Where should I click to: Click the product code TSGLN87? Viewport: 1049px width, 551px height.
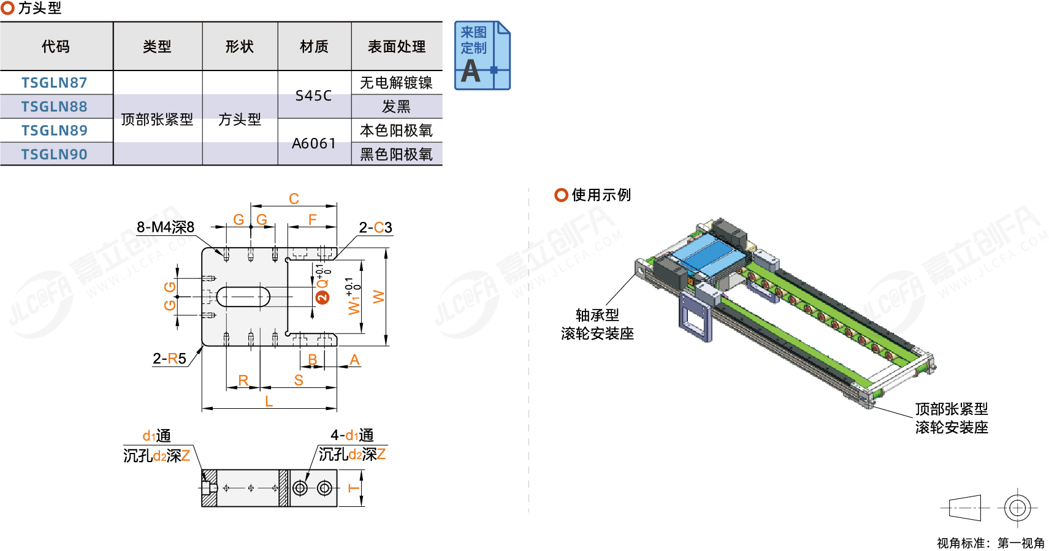click(x=55, y=83)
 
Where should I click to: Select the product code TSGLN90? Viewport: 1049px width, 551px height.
click(x=55, y=154)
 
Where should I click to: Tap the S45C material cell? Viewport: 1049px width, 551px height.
click(x=313, y=96)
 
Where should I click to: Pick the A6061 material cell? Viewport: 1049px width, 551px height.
click(x=313, y=143)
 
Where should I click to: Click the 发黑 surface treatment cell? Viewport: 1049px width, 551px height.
click(x=396, y=107)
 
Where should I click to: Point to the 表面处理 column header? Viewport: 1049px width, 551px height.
click(x=396, y=47)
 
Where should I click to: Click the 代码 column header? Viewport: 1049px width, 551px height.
click(x=56, y=47)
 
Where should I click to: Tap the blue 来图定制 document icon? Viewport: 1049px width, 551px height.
click(x=482, y=56)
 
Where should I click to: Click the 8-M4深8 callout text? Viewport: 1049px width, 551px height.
click(x=166, y=227)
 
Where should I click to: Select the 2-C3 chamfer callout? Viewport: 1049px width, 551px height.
click(x=375, y=228)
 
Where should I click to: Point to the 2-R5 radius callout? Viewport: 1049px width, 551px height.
click(x=169, y=359)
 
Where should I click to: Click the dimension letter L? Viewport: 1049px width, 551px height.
click(x=269, y=401)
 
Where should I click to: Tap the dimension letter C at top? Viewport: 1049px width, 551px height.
click(x=294, y=199)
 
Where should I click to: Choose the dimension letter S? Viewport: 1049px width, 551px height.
click(x=299, y=381)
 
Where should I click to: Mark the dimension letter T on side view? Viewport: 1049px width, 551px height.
click(x=354, y=488)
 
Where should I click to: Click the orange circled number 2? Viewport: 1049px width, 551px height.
click(x=322, y=297)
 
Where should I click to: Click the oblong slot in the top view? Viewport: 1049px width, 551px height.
click(x=243, y=297)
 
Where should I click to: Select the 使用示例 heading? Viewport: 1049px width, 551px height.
click(x=601, y=195)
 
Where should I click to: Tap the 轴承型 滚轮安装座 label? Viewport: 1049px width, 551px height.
click(x=597, y=324)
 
